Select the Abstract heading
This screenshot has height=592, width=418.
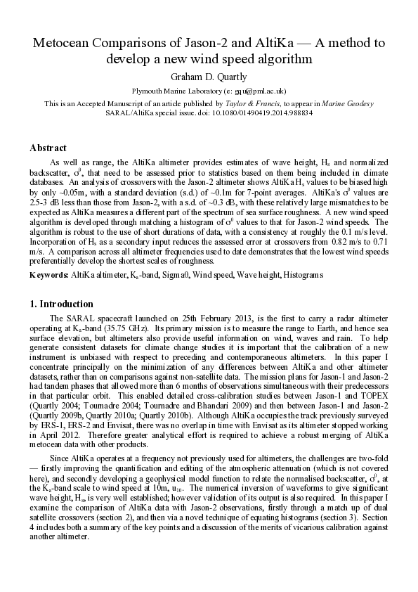48,148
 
